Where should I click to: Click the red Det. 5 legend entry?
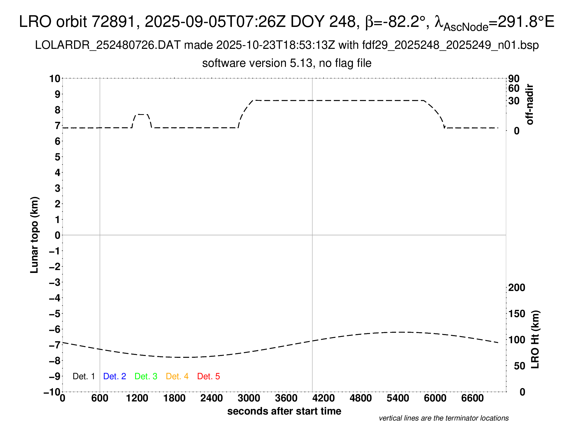click(208, 376)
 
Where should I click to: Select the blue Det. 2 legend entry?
click(115, 376)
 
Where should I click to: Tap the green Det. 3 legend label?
click(146, 376)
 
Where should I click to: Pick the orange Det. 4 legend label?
click(177, 376)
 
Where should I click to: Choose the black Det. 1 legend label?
click(83, 376)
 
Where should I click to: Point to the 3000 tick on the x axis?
click(249, 398)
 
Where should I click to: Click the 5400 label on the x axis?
click(398, 398)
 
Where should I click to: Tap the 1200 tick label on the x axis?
click(137, 398)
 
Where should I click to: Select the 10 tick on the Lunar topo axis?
click(55, 78)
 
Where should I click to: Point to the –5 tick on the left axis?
click(55, 314)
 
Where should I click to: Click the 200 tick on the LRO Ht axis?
click(517, 288)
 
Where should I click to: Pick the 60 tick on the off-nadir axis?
click(514, 88)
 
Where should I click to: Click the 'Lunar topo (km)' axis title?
click(34, 235)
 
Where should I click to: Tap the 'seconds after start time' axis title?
click(284, 411)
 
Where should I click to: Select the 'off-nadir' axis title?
click(530, 104)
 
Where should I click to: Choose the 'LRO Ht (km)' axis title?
click(535, 340)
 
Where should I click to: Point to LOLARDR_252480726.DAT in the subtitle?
click(108, 45)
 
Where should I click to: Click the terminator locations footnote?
click(444, 418)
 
